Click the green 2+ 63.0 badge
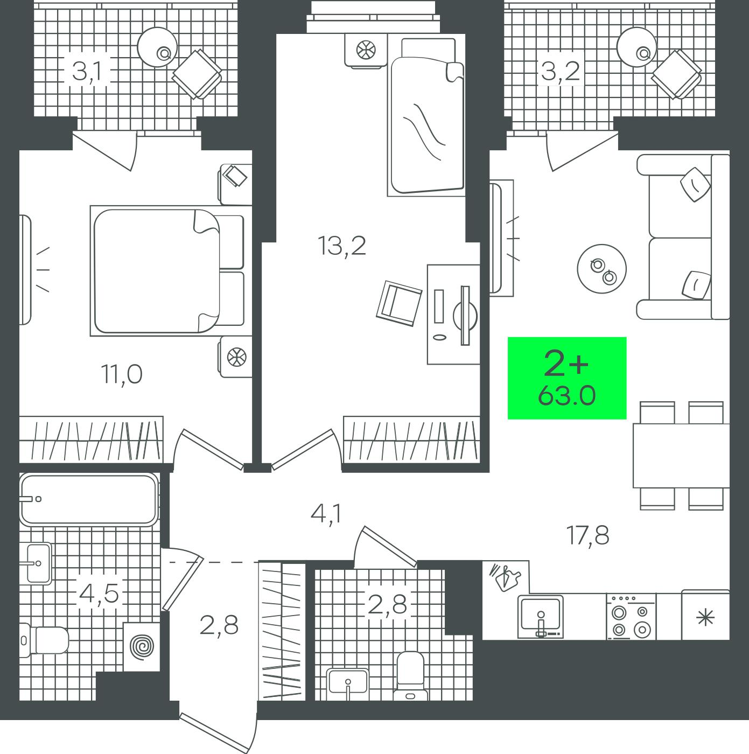[566, 378]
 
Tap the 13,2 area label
[341, 246]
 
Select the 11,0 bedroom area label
[122, 374]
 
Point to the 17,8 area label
[588, 535]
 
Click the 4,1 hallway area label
[326, 513]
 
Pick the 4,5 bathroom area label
[99, 595]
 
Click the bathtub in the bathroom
[89, 499]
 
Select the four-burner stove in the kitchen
[631, 617]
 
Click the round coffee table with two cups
[602, 269]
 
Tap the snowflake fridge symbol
[705, 618]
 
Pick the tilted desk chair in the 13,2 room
[399, 304]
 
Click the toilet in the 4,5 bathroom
[44, 640]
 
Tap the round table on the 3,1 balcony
[157, 47]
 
